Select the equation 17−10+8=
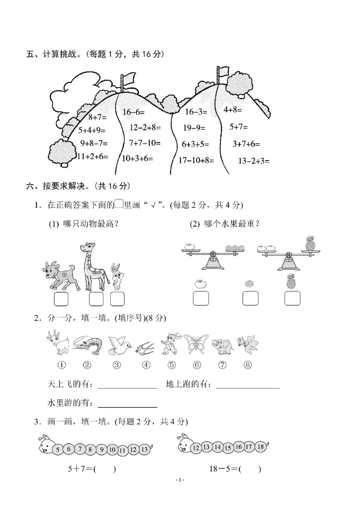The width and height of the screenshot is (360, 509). coord(196,160)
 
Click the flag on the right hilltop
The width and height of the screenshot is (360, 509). coord(223,72)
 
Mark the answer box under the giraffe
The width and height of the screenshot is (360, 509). coord(96,299)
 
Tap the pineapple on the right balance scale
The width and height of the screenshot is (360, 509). coord(310,243)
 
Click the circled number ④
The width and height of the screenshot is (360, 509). coord(146,365)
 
